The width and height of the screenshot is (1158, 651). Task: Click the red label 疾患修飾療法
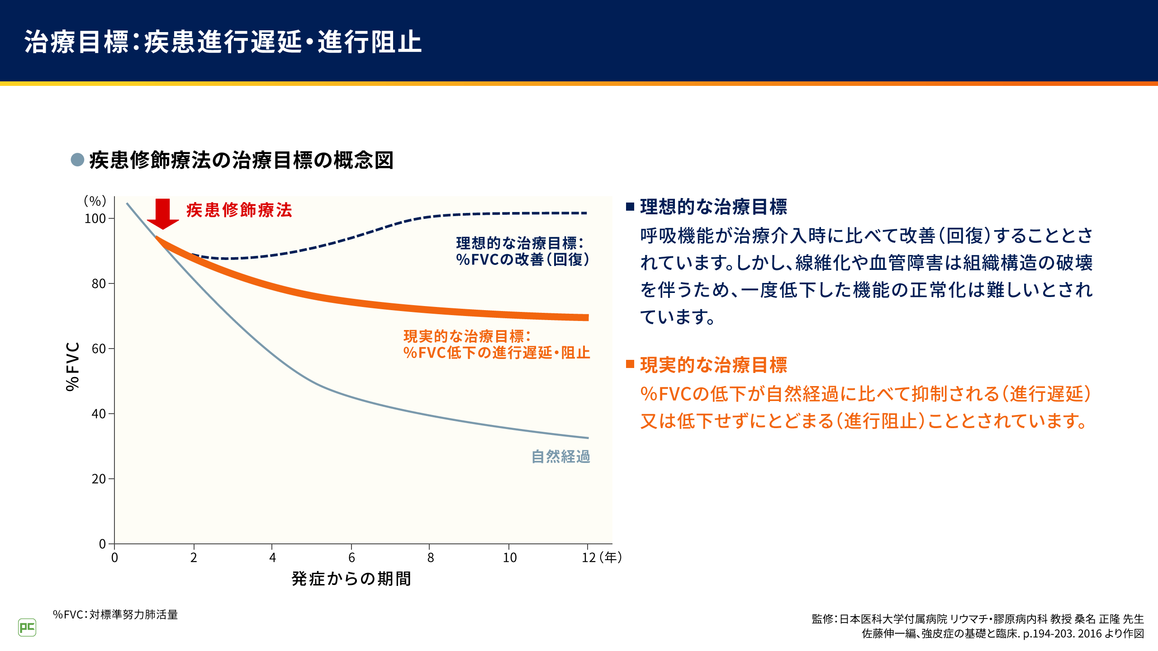239,210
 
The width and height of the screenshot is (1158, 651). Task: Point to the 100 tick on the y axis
95,219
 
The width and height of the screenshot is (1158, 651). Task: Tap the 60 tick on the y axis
99,349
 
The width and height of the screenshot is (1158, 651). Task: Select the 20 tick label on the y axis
99,479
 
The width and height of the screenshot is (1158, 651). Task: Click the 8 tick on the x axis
430,557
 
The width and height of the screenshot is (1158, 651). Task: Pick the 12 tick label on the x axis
588,557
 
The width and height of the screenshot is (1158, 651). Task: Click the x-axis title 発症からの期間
351,579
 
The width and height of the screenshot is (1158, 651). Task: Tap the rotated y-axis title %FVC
73,366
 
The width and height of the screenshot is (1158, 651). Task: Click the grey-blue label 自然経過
560,457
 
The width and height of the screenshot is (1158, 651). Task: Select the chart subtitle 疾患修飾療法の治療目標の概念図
242,160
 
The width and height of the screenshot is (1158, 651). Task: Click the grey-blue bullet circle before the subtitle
77,160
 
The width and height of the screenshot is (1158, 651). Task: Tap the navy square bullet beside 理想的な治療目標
630,207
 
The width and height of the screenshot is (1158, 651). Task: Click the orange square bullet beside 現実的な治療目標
630,364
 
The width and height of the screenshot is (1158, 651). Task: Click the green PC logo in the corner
27,627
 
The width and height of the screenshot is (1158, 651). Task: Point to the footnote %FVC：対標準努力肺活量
115,615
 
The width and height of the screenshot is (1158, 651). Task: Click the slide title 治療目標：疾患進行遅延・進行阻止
223,42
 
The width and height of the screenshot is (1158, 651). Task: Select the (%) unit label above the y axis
95,201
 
